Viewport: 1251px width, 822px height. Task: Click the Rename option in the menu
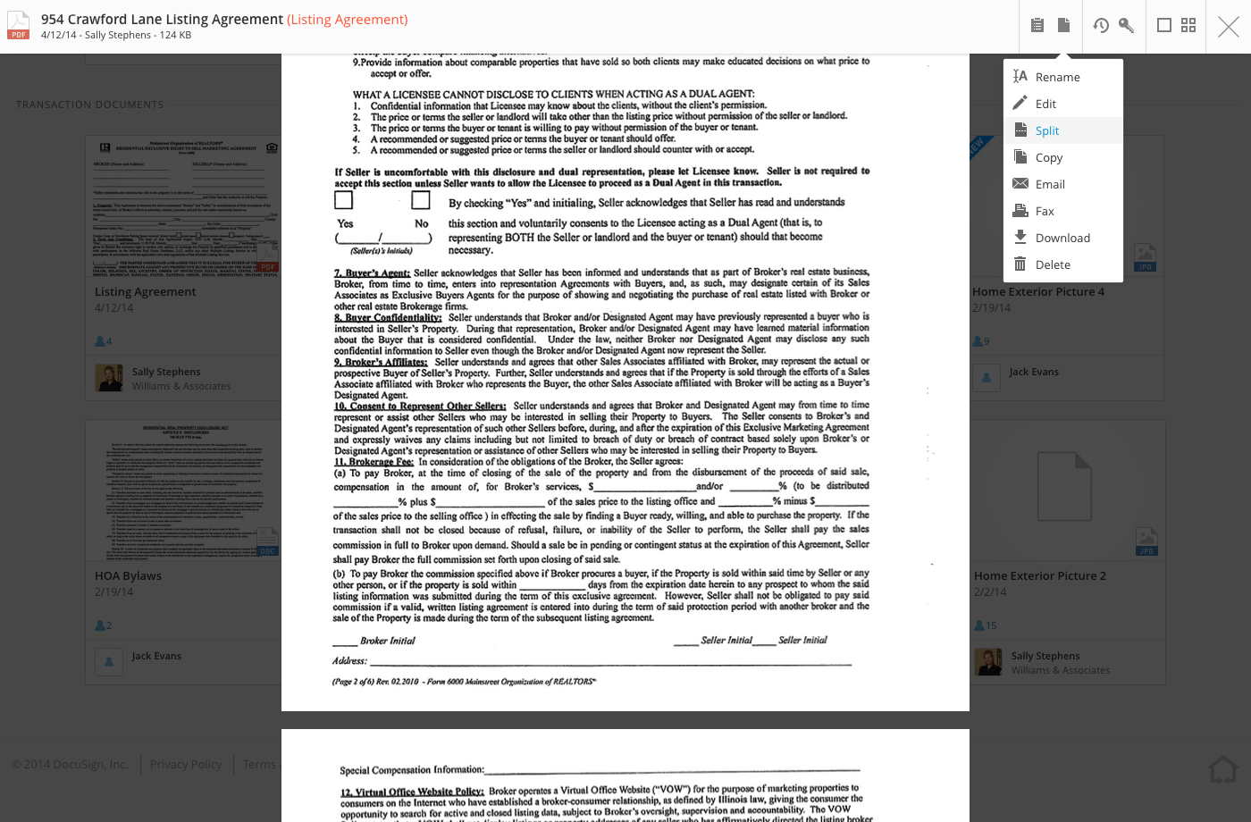(1057, 78)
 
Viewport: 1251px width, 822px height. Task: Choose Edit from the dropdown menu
(1045, 105)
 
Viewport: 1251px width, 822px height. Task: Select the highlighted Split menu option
(1046, 131)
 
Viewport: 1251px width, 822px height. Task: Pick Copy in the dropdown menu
(1048, 158)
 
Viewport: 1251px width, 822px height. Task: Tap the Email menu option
(1050, 185)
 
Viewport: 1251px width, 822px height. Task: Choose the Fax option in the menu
(1045, 212)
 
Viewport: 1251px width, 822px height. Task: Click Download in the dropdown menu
(1062, 239)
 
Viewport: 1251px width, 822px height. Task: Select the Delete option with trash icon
(1053, 265)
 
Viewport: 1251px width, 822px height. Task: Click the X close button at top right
(1229, 27)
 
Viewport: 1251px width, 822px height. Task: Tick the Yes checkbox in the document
(344, 200)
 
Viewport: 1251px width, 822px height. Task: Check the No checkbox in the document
(421, 200)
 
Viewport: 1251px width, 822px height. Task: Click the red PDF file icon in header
(19, 26)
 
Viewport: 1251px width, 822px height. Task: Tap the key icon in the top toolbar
(1126, 26)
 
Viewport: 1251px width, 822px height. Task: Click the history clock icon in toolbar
(1101, 26)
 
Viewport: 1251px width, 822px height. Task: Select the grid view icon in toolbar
(1188, 26)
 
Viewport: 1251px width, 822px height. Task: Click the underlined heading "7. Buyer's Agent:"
(372, 273)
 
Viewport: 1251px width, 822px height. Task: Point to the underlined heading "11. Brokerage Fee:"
(374, 462)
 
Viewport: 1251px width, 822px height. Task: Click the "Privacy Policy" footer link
(186, 765)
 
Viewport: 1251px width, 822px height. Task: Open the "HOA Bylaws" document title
(129, 576)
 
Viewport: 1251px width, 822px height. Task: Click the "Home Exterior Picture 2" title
(1040, 576)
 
